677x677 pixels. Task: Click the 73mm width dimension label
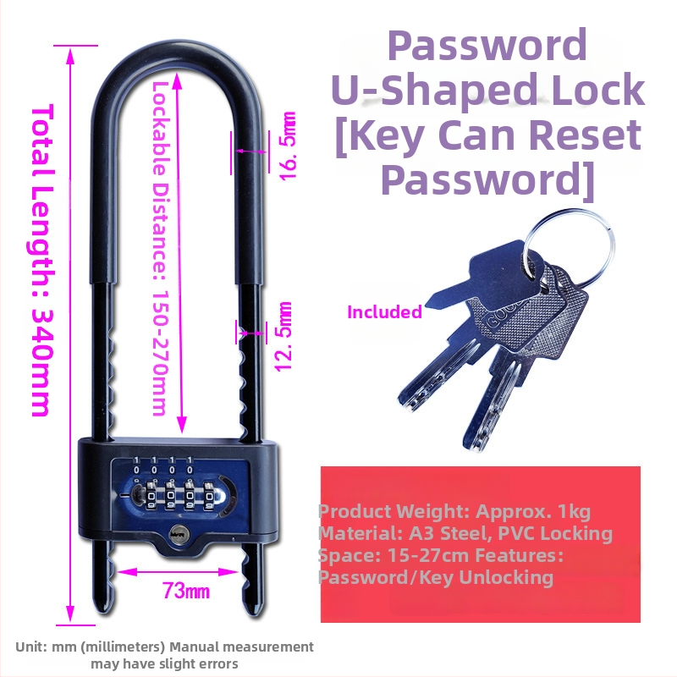click(x=186, y=590)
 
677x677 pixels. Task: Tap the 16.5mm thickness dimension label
click(x=287, y=146)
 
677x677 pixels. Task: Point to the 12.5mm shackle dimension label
click(x=284, y=337)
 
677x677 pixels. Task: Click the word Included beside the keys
click(x=384, y=311)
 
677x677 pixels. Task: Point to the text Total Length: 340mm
click(x=43, y=260)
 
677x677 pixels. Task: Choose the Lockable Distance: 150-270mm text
click(x=160, y=249)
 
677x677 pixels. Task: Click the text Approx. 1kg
click(x=533, y=511)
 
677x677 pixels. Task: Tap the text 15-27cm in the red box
click(x=428, y=555)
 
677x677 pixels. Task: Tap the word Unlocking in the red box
click(x=506, y=578)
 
